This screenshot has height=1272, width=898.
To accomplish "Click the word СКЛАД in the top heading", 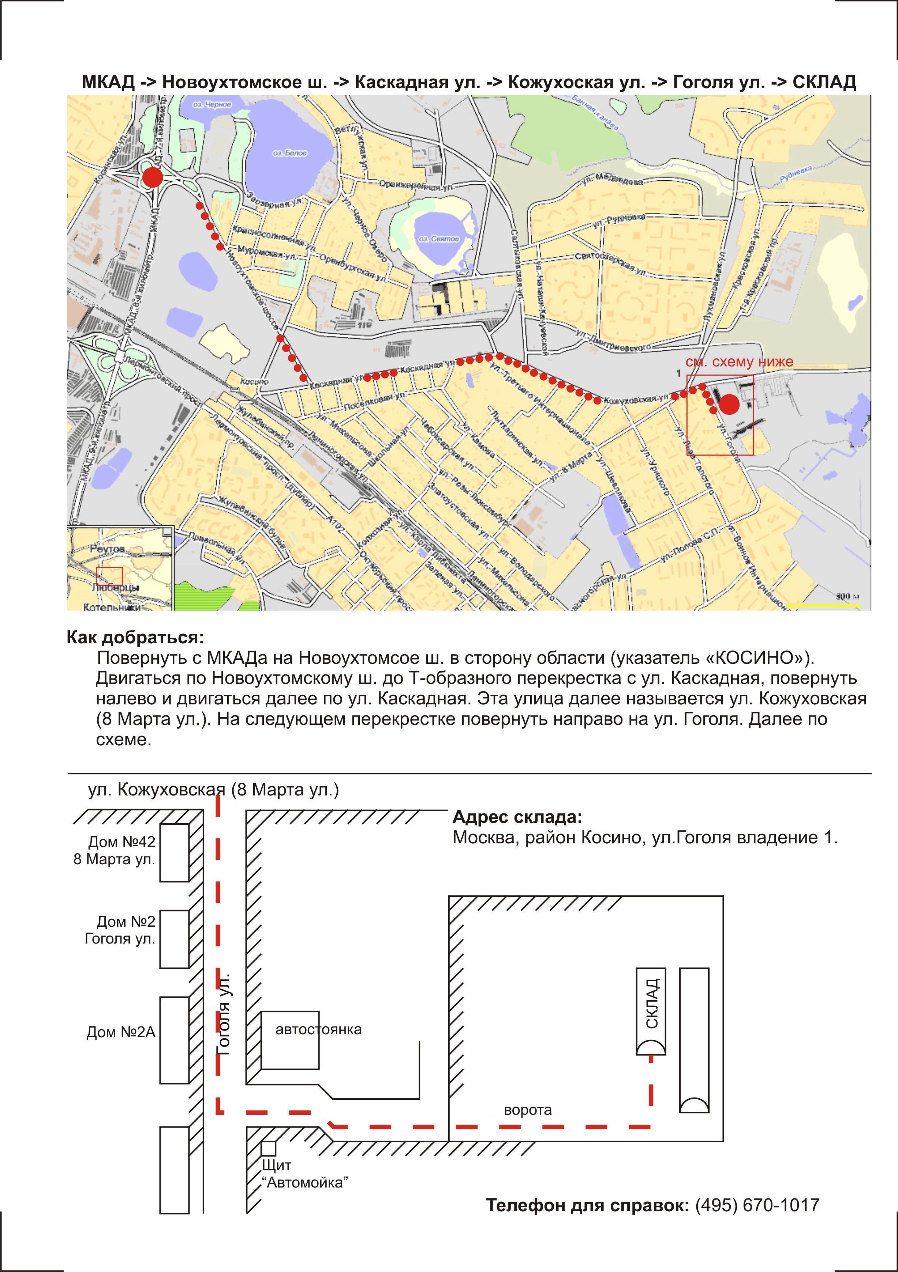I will pyautogui.click(x=824, y=82).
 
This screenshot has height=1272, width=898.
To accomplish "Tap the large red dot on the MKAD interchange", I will pyautogui.click(x=153, y=178).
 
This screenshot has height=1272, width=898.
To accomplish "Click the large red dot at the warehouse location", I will pyautogui.click(x=729, y=404).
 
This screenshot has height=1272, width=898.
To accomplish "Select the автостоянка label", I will pyautogui.click(x=318, y=1030).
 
